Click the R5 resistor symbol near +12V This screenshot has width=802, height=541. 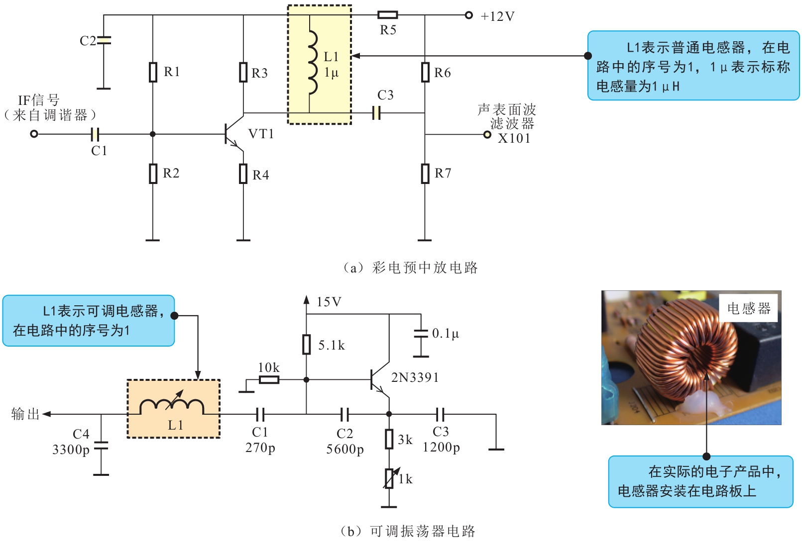[x=387, y=15]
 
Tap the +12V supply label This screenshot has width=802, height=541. [x=497, y=16]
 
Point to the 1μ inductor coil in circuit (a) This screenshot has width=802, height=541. [x=312, y=63]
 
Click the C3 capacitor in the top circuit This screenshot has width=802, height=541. [x=376, y=113]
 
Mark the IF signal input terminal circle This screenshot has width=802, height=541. [x=34, y=134]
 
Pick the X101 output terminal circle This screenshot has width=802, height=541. [x=487, y=135]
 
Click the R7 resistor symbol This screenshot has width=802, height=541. [x=425, y=174]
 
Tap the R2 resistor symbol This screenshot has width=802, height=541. [x=153, y=174]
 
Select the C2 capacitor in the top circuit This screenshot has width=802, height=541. [x=104, y=40]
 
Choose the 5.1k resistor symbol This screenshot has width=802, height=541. [x=306, y=344]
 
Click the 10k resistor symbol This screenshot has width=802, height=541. [x=269, y=380]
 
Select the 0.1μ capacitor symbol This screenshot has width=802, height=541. [x=421, y=334]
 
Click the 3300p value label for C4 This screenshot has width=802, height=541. [x=71, y=450]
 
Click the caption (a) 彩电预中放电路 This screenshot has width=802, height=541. [x=410, y=268]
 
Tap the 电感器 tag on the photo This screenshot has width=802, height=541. [x=749, y=308]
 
